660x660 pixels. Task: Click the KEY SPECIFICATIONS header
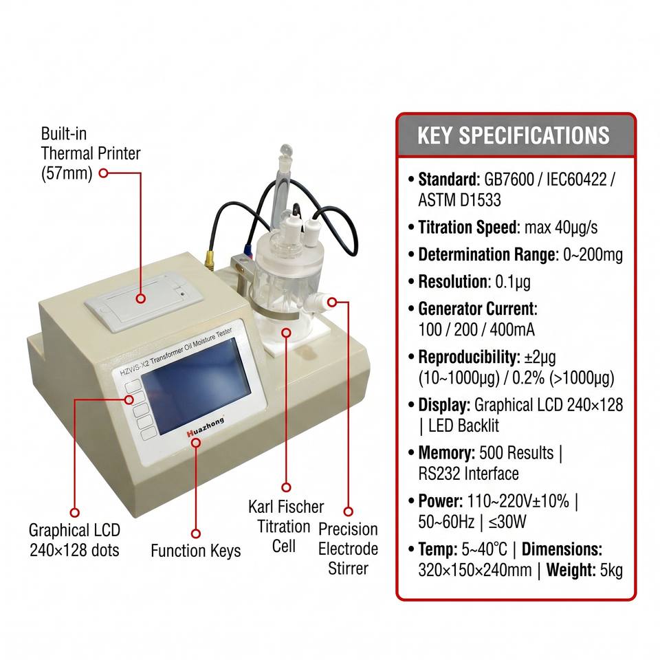[x=513, y=135]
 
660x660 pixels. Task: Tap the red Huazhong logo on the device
[x=206, y=427]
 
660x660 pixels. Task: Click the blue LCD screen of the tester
[x=196, y=386]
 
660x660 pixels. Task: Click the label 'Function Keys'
[x=196, y=551]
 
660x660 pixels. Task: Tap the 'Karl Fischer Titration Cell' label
[x=285, y=526]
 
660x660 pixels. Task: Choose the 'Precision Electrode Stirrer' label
[x=348, y=549]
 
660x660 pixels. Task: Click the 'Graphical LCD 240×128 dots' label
[x=74, y=540]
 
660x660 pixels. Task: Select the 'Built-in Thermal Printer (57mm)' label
[x=91, y=153]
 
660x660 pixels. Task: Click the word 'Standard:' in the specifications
[x=449, y=179]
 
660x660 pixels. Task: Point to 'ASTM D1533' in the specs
[x=460, y=200]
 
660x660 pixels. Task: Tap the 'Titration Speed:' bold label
[x=470, y=228]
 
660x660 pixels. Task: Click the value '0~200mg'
[x=593, y=254]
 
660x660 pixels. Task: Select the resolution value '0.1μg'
[x=513, y=282]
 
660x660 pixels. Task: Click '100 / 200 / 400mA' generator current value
[x=476, y=329]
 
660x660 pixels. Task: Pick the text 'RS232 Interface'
[x=468, y=474]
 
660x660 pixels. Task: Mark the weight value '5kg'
[x=611, y=571]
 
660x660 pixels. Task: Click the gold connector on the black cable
[x=209, y=259]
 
